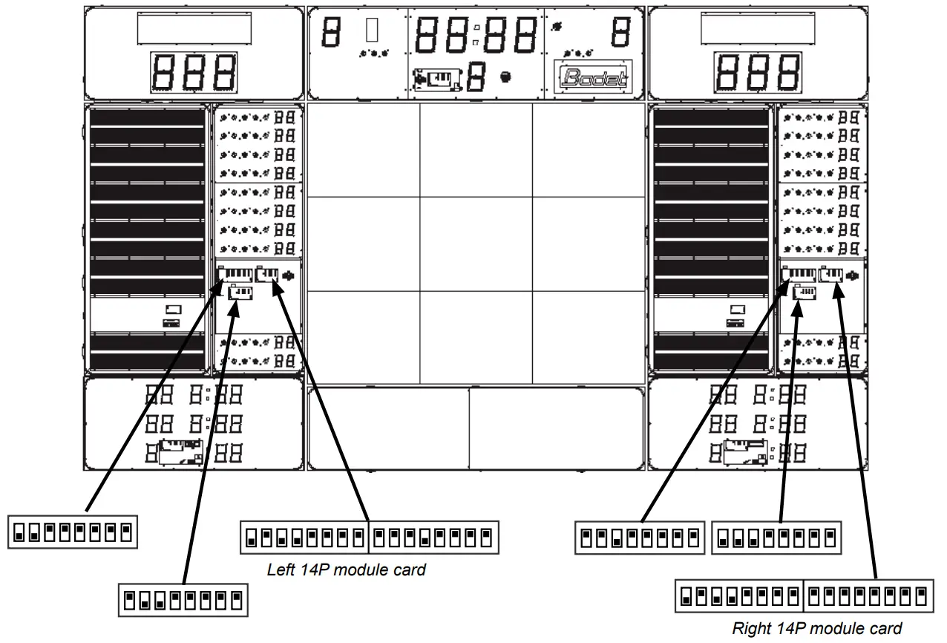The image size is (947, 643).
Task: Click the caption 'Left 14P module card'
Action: [x=347, y=570]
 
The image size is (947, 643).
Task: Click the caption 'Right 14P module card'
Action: [x=817, y=628]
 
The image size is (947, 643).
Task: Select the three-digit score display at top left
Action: [x=194, y=73]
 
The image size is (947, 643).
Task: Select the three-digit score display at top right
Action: [x=758, y=73]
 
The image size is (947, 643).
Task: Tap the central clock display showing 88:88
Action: [x=475, y=33]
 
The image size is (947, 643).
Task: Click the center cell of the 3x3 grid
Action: [x=476, y=244]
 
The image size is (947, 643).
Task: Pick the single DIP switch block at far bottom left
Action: [x=73, y=532]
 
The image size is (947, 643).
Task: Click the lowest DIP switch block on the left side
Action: [x=183, y=600]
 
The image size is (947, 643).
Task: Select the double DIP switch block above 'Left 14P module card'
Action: [x=368, y=537]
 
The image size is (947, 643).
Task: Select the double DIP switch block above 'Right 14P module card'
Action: [x=803, y=595]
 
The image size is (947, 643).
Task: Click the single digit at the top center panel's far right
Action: [x=621, y=32]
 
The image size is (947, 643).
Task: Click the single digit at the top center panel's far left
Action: [x=331, y=32]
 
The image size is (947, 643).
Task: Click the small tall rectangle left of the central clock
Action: [x=373, y=30]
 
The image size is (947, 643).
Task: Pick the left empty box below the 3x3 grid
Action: [x=388, y=428]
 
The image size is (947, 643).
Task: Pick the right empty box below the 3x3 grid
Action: [x=556, y=428]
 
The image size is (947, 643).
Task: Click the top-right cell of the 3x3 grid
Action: [x=588, y=150]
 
